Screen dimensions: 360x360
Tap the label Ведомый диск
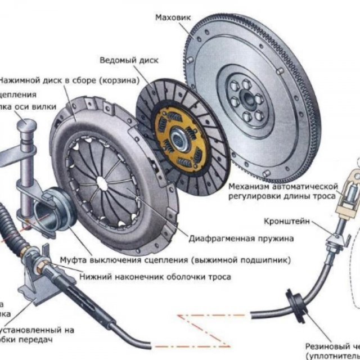coord(129,59)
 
